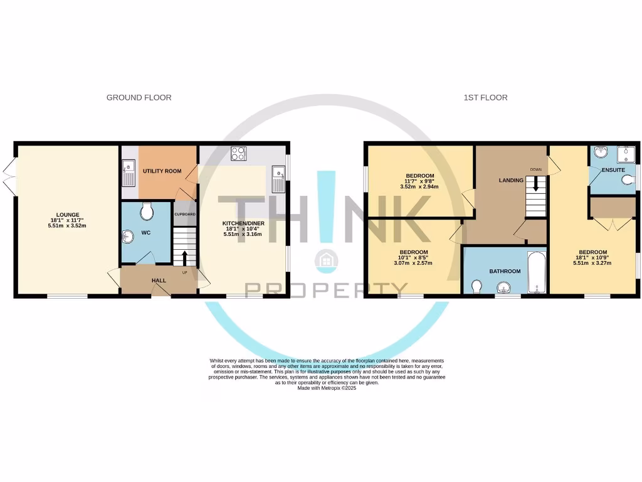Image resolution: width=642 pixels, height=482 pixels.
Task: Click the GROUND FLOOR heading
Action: (139, 97)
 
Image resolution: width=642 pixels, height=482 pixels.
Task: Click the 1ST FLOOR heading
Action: (485, 97)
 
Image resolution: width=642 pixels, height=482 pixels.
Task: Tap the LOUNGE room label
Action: (67, 213)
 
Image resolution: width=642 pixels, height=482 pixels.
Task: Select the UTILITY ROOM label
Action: (162, 171)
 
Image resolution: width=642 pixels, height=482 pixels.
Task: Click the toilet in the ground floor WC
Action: (147, 213)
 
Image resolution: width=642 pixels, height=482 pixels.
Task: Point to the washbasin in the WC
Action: (128, 237)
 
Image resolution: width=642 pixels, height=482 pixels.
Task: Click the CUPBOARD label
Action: (184, 214)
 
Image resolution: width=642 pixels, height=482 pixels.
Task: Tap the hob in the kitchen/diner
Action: (238, 153)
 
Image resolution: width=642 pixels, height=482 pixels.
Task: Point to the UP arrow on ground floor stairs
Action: (184, 257)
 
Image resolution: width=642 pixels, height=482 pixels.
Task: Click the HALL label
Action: (159, 281)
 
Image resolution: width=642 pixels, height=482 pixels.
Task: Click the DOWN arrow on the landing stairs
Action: (535, 183)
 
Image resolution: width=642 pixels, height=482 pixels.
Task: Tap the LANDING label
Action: (510, 180)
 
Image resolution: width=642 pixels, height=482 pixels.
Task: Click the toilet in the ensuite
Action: (629, 181)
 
